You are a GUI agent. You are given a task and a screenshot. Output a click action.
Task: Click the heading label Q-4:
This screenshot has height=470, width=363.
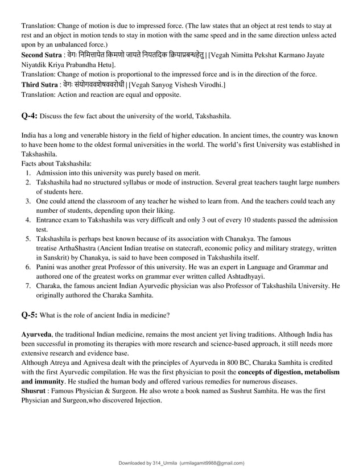29,117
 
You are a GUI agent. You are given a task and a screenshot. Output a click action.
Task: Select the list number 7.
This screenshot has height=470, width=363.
28,286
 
